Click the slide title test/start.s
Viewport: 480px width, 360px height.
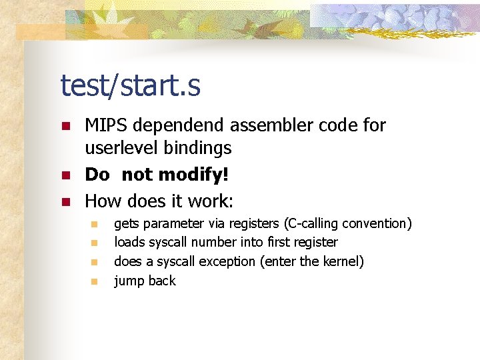[130, 86]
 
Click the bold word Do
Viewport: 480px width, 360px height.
[97, 175]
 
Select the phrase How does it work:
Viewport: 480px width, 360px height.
[159, 201]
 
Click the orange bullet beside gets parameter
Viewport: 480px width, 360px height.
[95, 224]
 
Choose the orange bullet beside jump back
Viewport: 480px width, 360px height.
[95, 281]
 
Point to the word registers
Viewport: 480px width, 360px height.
[255, 223]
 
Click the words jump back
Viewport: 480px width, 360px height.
[145, 281]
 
